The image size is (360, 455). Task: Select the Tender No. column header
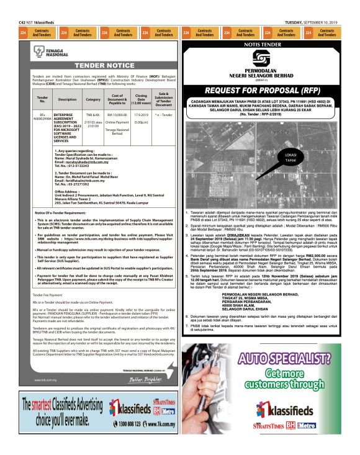[x=42, y=99]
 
